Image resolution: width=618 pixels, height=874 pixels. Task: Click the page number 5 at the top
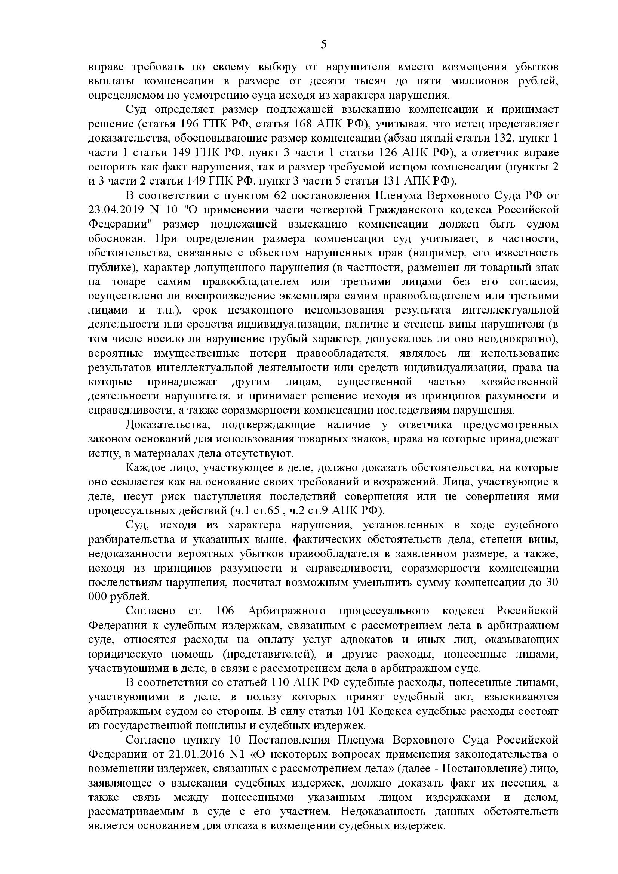[x=324, y=45]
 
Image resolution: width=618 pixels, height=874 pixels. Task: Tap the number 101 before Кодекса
[x=357, y=711]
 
